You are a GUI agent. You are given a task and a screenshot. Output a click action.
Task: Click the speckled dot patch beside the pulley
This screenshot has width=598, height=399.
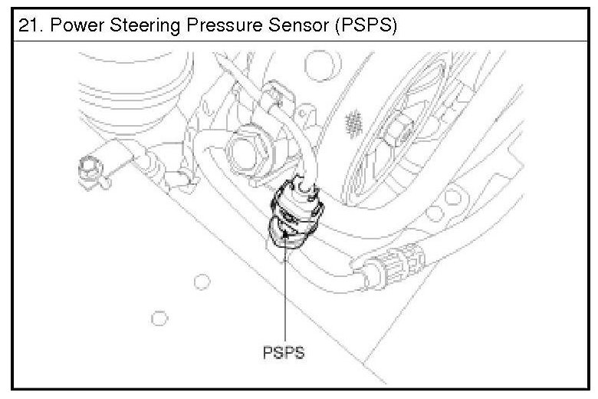[x=354, y=120]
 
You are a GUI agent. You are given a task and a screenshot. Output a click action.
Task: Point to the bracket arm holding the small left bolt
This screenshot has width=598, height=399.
[x=115, y=157]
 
